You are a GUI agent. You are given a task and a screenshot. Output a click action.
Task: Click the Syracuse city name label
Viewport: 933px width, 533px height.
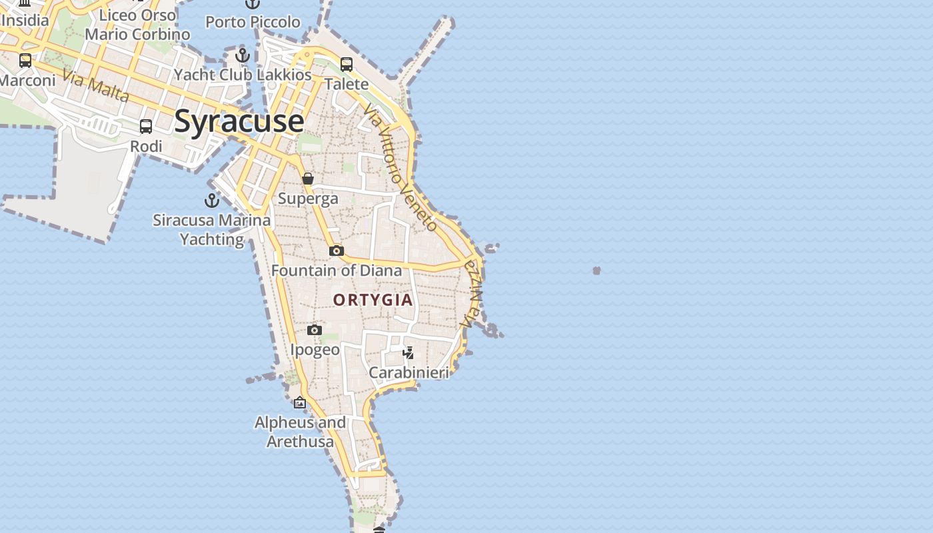[x=239, y=122]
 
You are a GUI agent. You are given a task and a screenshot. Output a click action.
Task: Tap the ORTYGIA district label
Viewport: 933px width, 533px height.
[x=373, y=300]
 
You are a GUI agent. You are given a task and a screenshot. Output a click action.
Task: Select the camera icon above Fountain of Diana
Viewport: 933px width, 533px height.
[x=337, y=251]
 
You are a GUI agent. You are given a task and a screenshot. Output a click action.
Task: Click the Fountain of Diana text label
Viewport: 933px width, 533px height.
[x=337, y=270]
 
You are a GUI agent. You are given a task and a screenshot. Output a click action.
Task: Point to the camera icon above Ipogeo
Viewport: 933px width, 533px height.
[x=315, y=330]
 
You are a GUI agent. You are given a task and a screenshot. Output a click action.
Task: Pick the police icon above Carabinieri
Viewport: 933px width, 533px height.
[x=408, y=352]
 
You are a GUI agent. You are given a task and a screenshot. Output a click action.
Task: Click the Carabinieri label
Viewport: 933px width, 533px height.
[x=409, y=372]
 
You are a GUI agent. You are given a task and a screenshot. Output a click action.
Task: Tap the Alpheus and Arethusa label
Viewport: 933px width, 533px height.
[x=300, y=432]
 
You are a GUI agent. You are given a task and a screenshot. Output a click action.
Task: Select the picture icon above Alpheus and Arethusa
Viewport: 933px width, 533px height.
[x=300, y=402]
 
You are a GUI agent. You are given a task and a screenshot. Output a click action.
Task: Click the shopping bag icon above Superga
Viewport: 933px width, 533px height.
[x=308, y=179]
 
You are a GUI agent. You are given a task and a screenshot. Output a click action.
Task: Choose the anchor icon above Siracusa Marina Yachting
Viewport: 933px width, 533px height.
[x=212, y=200]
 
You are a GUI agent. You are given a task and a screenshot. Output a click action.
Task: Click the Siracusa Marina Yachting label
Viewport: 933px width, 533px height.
[x=212, y=229]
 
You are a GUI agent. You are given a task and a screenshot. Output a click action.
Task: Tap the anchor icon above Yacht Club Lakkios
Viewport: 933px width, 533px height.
[x=243, y=55]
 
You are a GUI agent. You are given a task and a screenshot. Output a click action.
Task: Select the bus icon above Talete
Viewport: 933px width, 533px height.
[x=347, y=64]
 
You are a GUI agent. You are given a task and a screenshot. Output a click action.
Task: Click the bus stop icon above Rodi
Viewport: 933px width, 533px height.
[x=146, y=126]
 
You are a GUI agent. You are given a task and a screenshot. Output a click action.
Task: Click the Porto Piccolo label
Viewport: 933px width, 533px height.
[x=253, y=22]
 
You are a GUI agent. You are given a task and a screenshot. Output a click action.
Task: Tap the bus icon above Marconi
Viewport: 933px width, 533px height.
[x=25, y=61]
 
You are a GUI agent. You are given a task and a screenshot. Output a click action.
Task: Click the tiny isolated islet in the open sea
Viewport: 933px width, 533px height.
[x=596, y=270]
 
